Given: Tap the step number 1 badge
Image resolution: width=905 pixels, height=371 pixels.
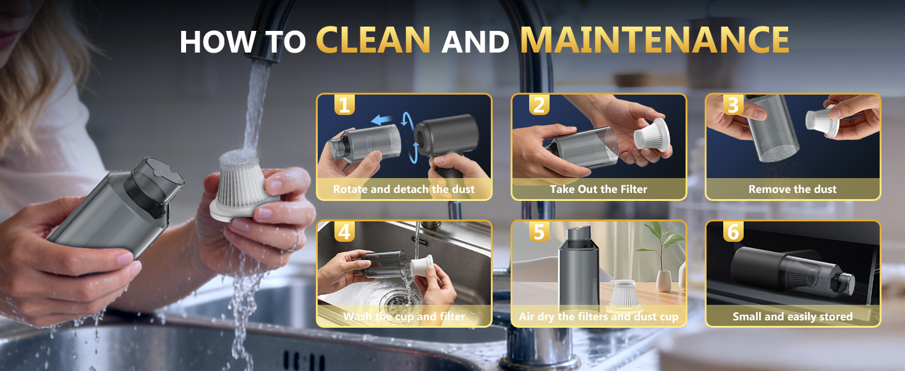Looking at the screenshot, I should pos(344,105).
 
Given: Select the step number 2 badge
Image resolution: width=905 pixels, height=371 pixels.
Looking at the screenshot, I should pos(539,105).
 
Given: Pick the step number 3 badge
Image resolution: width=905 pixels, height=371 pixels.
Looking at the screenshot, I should pos(733,105).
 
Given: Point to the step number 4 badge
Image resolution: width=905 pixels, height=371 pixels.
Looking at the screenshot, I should pos(344,232).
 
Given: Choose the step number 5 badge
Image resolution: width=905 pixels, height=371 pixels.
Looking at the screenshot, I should pos(539,232).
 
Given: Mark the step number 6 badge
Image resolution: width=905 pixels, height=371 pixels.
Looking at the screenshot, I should pos(733,232).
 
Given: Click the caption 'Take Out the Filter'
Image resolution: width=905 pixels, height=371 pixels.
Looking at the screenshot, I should pos(598,189).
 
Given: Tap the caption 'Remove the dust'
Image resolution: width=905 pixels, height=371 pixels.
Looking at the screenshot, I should pos(792,189).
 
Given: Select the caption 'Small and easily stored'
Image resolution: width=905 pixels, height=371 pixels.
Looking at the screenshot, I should pos(792,317).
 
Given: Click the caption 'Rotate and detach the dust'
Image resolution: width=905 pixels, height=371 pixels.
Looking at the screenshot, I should pos(404,189).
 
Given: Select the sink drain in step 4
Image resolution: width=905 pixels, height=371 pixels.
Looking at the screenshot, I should pos(391,301).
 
